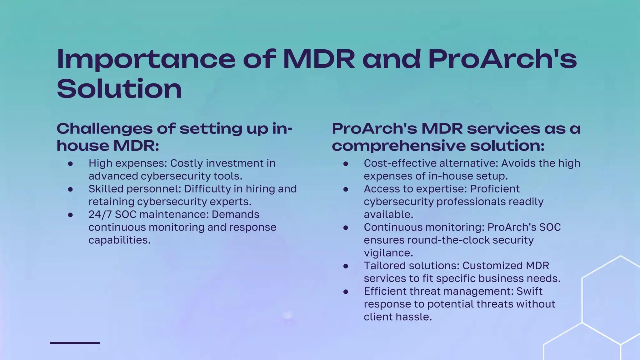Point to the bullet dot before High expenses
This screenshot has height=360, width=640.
coord(70,164)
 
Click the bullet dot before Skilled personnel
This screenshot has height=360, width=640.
coord(70,189)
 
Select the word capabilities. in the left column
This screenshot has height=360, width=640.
coord(119,240)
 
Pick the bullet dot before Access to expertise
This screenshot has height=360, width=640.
coord(346,189)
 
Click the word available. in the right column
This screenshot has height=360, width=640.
coord(388,215)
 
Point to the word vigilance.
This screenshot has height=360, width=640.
coord(388,253)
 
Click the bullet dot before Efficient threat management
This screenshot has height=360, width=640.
coord(346,292)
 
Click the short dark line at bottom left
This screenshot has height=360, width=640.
coord(75,343)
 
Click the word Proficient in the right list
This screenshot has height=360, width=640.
coord(495,189)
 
